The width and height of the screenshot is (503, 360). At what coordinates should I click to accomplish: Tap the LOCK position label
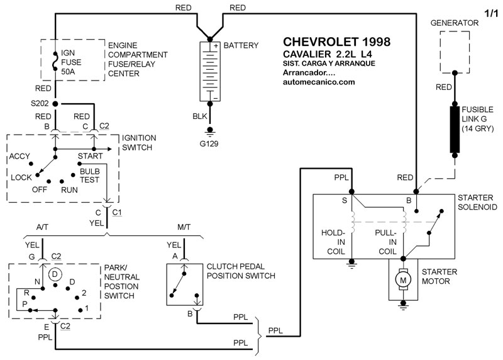pos(21,177)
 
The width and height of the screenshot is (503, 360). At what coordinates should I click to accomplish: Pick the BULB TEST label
pos(89,176)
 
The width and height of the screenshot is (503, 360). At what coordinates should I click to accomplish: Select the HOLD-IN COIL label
pos(333,240)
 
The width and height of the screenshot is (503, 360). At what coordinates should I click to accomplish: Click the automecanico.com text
pos(319,82)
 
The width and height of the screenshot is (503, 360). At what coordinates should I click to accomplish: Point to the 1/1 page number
pos(490,12)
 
